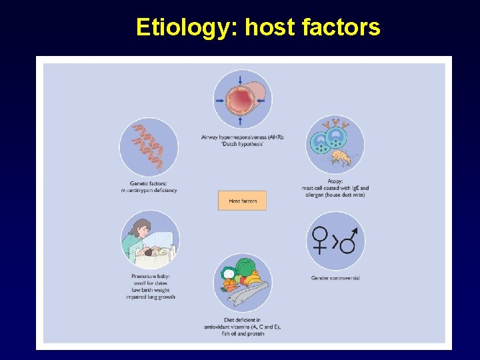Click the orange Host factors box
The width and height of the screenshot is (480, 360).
[x=242, y=201]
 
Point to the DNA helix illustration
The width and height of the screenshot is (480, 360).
[x=148, y=146]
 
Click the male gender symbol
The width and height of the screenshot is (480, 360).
[x=349, y=240]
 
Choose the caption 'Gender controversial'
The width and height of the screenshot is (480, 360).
[x=335, y=277]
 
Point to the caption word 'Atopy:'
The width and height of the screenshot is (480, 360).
[x=335, y=181]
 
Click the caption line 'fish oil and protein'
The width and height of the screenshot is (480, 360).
[x=242, y=333]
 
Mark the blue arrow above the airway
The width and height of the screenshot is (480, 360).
[x=241, y=81]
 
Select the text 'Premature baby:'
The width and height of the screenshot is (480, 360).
[x=150, y=277]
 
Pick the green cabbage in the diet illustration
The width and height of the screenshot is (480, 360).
[x=245, y=268]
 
